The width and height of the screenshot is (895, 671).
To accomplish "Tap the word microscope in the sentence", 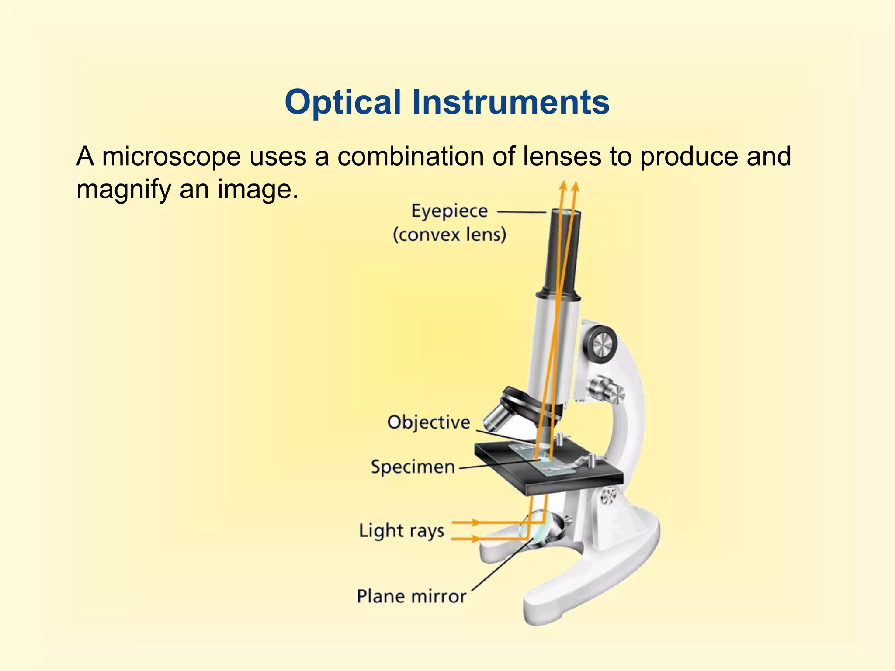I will click(171, 156).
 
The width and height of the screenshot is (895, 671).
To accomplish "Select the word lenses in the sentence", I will click(562, 156).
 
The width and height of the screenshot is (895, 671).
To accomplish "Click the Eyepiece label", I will click(449, 211).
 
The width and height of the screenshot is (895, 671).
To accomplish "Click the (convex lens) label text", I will click(449, 235).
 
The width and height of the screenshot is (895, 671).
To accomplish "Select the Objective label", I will click(428, 422).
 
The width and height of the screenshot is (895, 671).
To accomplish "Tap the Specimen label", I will click(413, 467).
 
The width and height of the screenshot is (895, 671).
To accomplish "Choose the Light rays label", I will click(401, 531).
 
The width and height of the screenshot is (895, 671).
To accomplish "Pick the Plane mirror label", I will click(412, 596).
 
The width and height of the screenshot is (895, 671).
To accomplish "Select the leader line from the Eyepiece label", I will click(522, 212).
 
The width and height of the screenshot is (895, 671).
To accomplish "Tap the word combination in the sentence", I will click(410, 156).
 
